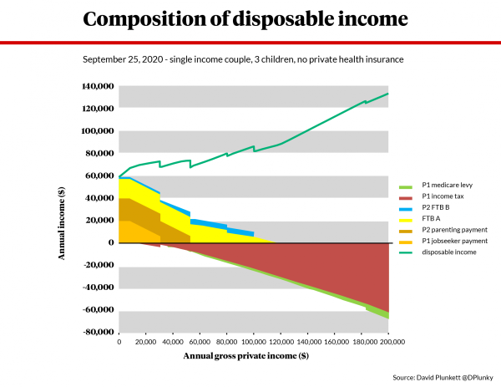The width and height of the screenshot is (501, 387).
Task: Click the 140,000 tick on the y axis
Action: coord(98,86)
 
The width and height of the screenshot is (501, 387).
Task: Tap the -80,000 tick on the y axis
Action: coord(97,332)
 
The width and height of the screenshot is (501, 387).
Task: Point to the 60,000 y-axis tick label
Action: coord(100,176)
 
